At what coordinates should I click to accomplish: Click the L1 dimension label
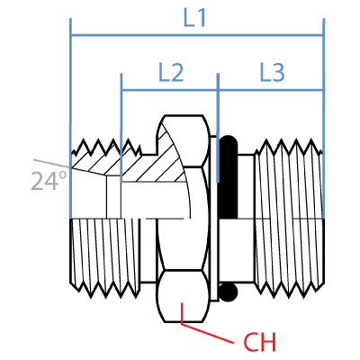click(194, 18)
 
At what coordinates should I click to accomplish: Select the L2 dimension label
click(171, 73)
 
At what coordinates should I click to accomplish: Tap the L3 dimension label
click(272, 73)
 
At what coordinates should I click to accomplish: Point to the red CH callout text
click(259, 342)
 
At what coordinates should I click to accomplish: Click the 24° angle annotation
click(49, 182)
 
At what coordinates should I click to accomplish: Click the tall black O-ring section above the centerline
click(229, 177)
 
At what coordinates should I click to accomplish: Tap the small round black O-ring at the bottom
click(229, 292)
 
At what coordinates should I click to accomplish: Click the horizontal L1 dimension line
click(197, 35)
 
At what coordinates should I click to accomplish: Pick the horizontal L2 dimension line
click(169, 90)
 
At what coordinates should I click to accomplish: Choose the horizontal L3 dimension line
click(271, 90)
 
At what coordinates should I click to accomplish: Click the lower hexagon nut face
click(183, 296)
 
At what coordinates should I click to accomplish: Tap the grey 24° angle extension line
click(51, 163)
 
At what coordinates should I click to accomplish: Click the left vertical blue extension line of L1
click(70, 119)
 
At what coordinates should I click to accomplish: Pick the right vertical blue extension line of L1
click(324, 119)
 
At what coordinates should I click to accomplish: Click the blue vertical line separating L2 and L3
click(218, 128)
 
